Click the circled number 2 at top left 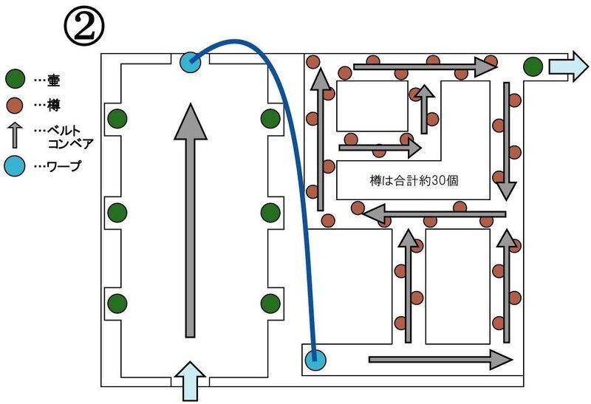[x=83, y=27]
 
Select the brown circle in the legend [x=16, y=106]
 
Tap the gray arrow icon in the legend [x=16, y=135]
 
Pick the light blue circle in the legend [x=16, y=166]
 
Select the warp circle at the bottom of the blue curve [x=315, y=361]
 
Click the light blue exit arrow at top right [x=567, y=66]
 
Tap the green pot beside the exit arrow [x=533, y=66]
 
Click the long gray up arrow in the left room [x=191, y=222]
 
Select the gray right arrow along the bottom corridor [x=440, y=360]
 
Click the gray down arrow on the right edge [x=506, y=140]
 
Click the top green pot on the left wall [x=117, y=117]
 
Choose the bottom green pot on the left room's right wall [x=270, y=302]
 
